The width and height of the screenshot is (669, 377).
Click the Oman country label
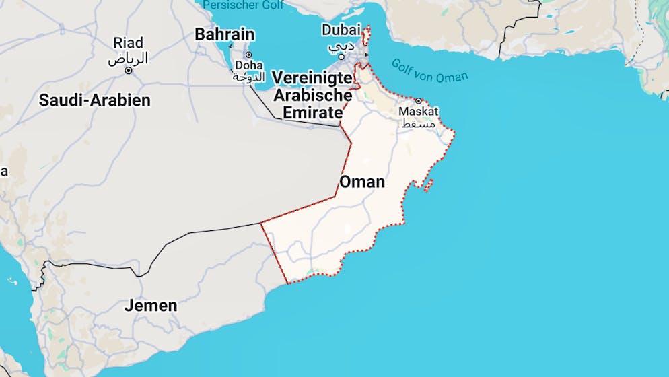(362, 182)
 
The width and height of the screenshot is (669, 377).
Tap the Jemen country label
(151, 306)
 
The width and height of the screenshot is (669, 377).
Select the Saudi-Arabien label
(95, 100)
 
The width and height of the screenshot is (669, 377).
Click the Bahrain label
(225, 34)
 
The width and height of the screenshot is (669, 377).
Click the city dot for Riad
(128, 70)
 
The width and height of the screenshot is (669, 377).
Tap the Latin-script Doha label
(248, 65)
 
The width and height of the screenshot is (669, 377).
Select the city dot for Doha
(248, 55)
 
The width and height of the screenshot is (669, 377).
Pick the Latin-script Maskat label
(419, 111)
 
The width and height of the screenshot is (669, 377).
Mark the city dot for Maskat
(418, 100)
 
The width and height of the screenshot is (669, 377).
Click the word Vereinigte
(312, 78)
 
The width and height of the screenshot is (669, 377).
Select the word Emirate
(313, 112)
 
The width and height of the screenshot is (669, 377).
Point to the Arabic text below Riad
(128, 59)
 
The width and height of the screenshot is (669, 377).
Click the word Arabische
(313, 96)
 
